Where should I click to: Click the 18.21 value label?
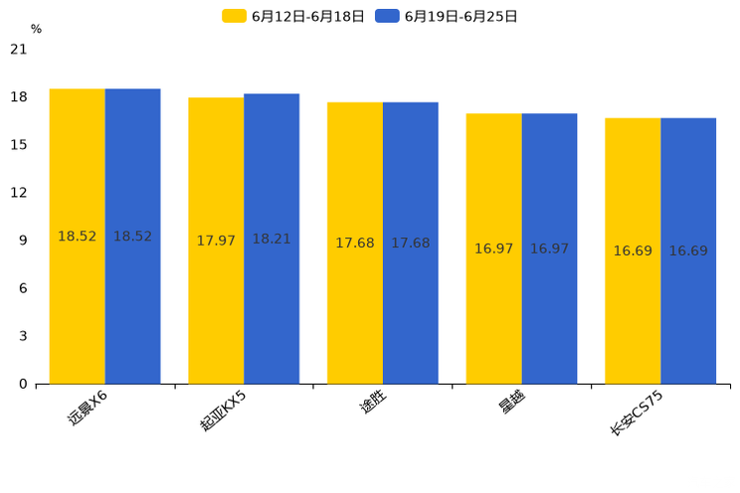pos(272,241)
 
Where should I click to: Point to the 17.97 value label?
pos(216,242)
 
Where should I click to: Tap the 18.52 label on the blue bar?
pos(132,237)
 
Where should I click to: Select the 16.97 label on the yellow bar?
pos(493,248)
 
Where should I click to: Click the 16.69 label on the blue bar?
pos(688,251)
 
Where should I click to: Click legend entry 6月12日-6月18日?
pos(294,16)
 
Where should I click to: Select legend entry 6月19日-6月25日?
pos(447,16)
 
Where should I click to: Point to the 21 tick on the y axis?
pos(19,49)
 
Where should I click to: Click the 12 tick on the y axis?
pos(19,193)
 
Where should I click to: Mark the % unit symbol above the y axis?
pos(36,30)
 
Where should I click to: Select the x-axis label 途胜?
pos(372,404)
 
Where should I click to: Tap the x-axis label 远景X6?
pos(88,409)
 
